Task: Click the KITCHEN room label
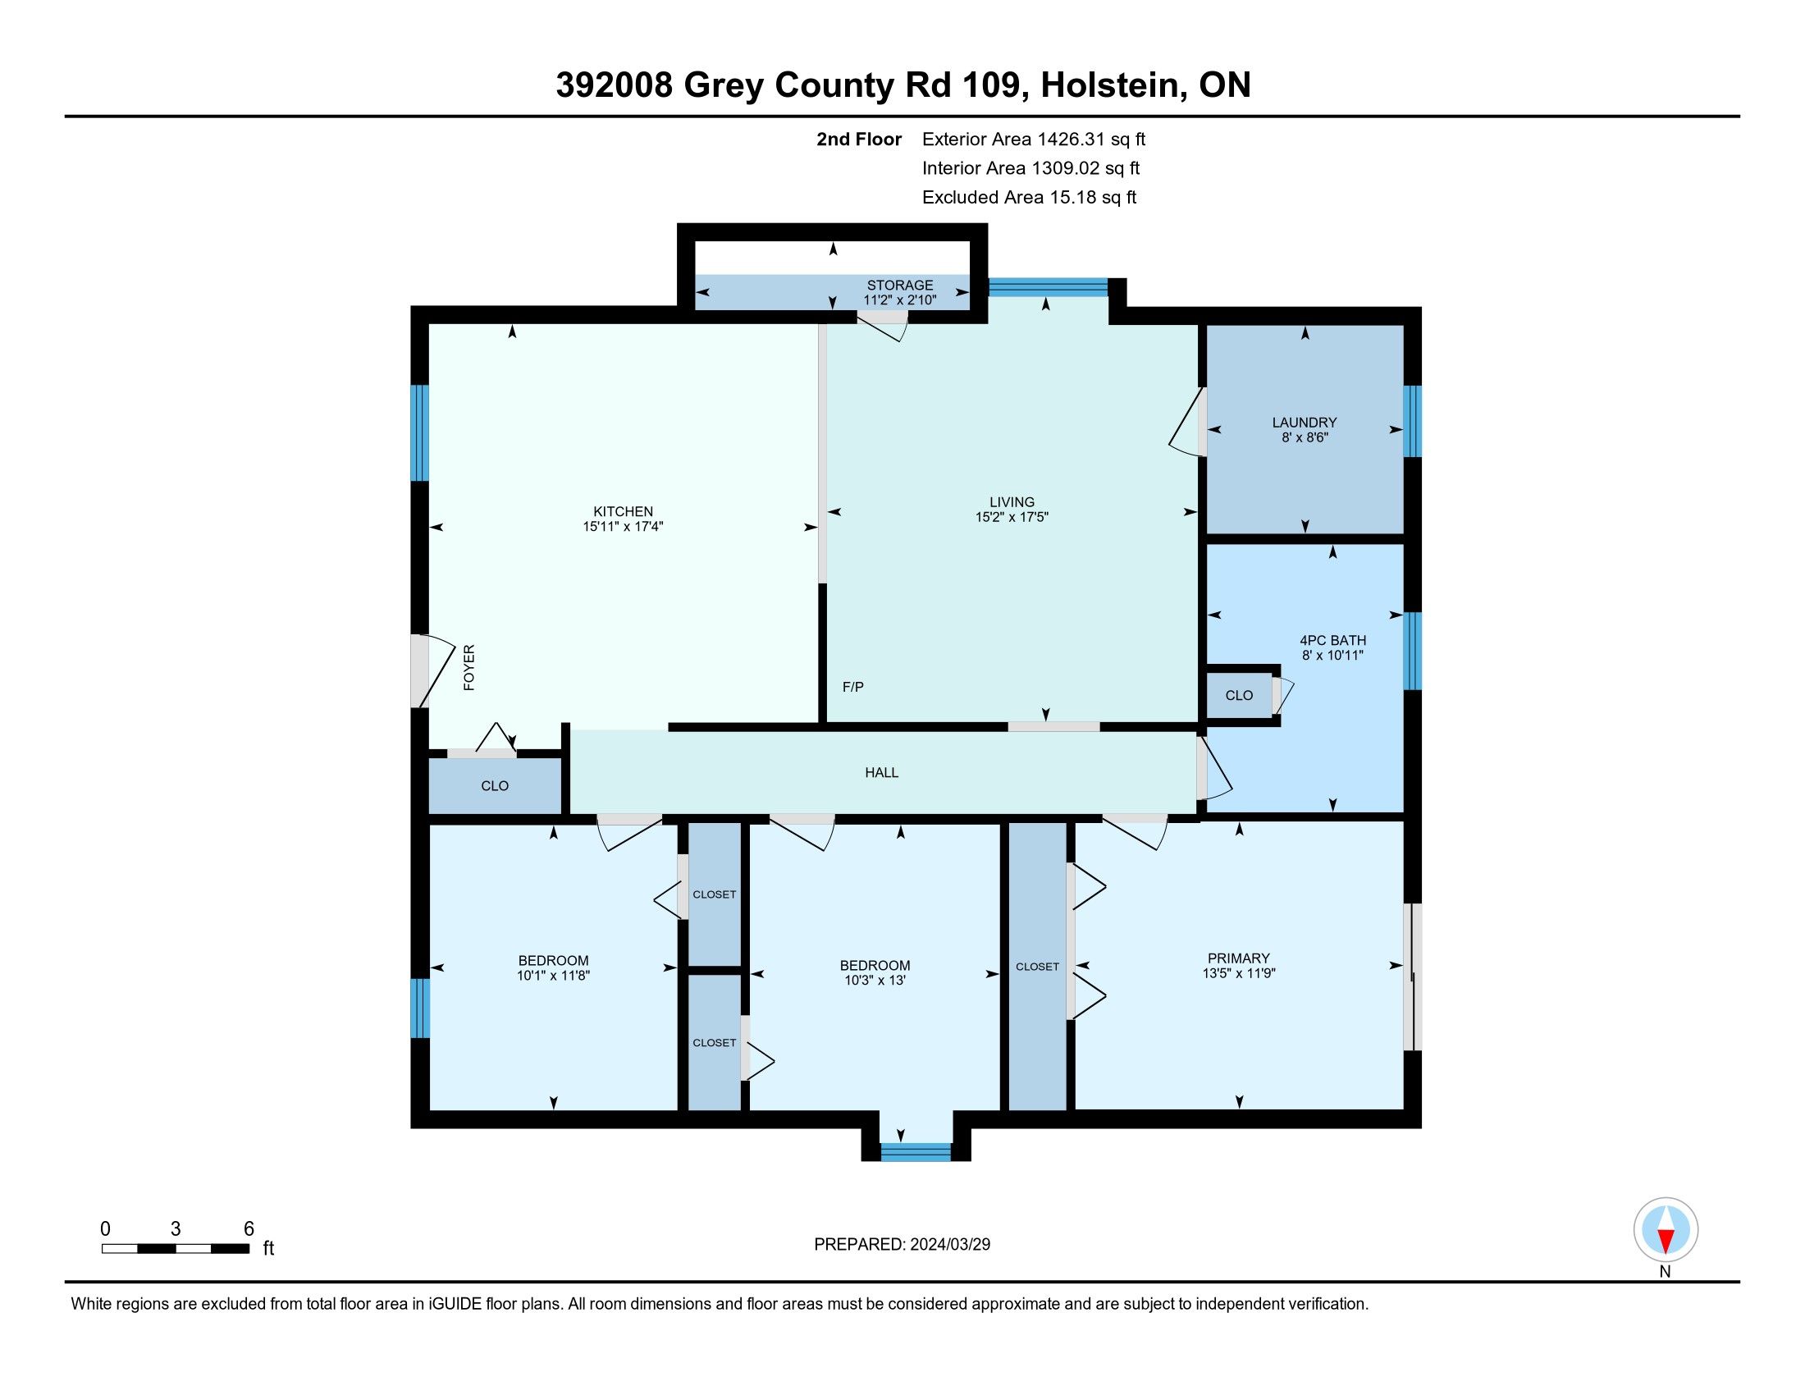pos(624,511)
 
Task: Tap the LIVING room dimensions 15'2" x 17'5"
pos(1012,517)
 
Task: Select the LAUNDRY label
pos(1305,423)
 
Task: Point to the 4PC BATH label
pos(1332,641)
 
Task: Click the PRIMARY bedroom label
pos(1238,958)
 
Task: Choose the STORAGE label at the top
pos(900,285)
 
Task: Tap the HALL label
pos(882,773)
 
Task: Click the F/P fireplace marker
pos(853,687)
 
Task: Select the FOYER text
pos(469,668)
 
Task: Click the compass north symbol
pos(1666,1231)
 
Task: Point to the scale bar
pos(176,1249)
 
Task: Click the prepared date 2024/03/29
pos(949,1245)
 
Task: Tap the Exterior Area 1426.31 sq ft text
pos(1034,139)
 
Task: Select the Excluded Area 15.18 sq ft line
pos(1030,198)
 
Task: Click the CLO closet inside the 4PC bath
pos(1239,696)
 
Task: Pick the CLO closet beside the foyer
pos(495,786)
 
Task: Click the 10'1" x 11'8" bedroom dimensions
pos(553,976)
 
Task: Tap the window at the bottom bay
pos(916,1152)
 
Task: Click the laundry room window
pos(1413,422)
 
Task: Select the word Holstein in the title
pos(1109,85)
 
